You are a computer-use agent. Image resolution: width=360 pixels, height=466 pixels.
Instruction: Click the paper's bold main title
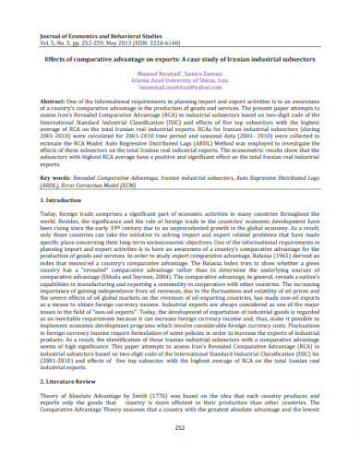[x=181, y=63]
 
